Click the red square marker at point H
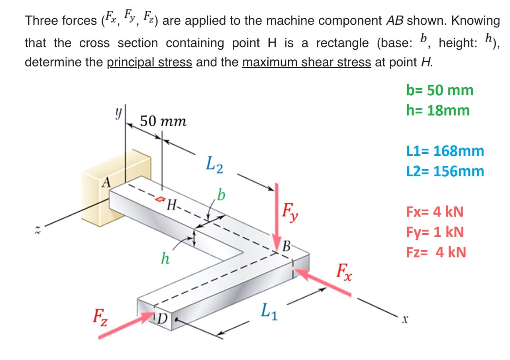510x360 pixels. coord(160,199)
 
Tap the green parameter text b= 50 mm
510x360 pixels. coord(439,90)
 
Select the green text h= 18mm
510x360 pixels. coord(438,110)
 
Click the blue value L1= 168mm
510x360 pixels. coord(445,151)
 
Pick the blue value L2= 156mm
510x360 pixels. coord(445,171)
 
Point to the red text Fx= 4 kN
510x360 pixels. coord(435,212)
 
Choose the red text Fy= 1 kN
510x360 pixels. coord(435,232)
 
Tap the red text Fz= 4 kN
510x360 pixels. coord(436,252)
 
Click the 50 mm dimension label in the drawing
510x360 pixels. coord(163,121)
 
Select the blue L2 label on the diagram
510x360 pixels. coord(214,165)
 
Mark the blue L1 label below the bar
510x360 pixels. coord(269,311)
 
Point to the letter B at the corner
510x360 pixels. coord(286,246)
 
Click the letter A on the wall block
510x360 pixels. coord(106,183)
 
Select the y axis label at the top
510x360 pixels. coord(118,113)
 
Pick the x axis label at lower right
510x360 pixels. coord(405,319)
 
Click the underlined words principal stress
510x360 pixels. coord(149,62)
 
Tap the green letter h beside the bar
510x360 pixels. coord(165,258)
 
